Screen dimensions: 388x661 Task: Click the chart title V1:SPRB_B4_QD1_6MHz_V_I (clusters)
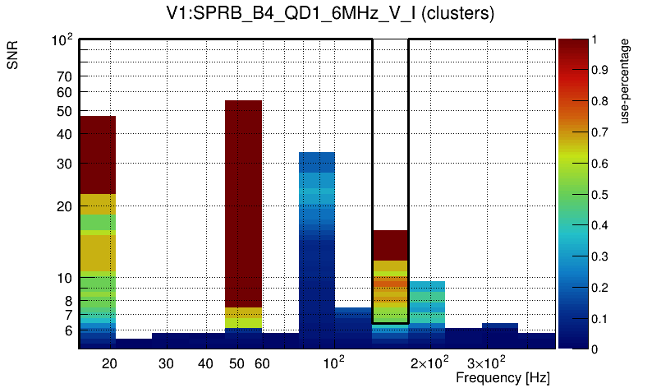(x=330, y=14)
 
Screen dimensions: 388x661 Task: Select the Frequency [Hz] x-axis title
(x=503, y=377)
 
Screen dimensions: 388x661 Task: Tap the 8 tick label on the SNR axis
(x=69, y=301)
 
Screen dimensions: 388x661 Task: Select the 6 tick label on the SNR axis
(x=69, y=331)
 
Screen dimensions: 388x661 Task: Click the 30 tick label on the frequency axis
(x=166, y=363)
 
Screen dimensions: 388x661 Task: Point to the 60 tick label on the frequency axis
(x=262, y=363)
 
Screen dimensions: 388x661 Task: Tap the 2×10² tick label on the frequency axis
(x=429, y=363)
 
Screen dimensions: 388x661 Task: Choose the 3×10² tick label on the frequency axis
(x=486, y=363)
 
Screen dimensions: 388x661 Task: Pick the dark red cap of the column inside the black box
(x=390, y=245)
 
